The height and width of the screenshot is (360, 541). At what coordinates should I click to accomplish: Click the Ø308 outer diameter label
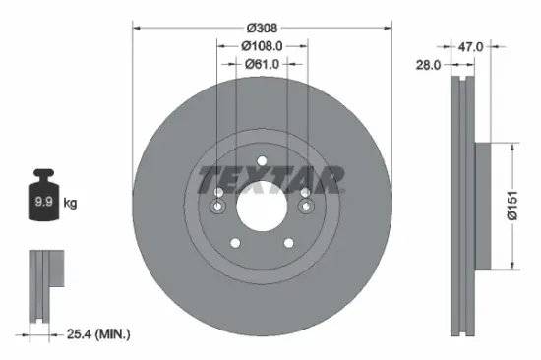click(261, 27)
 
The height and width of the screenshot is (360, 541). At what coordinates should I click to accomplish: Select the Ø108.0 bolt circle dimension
click(261, 45)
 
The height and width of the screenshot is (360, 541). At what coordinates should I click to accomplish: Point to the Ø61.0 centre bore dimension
click(261, 64)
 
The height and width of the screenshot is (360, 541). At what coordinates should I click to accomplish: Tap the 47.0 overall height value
click(472, 45)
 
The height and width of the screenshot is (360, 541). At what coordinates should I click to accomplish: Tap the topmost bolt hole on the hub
click(261, 163)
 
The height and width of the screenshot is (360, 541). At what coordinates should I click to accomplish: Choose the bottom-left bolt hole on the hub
click(233, 243)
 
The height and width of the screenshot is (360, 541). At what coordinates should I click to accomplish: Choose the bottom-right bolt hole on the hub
click(287, 243)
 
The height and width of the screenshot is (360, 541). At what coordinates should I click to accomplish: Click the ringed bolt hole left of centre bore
click(216, 207)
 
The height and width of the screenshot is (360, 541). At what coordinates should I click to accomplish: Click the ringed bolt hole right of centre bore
click(305, 207)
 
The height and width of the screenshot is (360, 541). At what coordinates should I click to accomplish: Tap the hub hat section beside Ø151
click(483, 206)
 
